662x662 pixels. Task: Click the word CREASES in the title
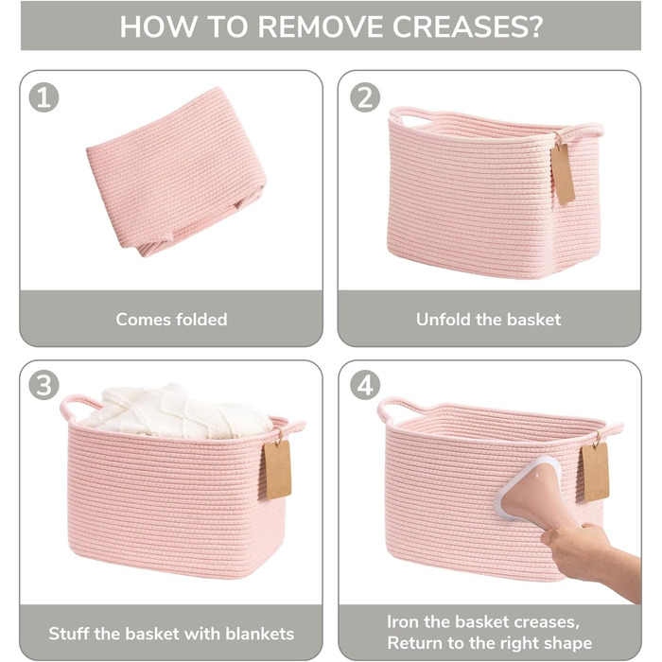[467, 26]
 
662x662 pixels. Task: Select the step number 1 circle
[44, 97]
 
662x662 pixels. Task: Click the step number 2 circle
[365, 97]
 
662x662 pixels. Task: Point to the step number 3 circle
[44, 385]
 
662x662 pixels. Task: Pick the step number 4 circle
[365, 385]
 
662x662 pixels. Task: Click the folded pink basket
[177, 171]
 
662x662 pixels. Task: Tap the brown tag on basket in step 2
[563, 172]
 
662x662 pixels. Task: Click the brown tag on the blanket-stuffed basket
[278, 469]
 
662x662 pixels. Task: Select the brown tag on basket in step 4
[595, 472]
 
